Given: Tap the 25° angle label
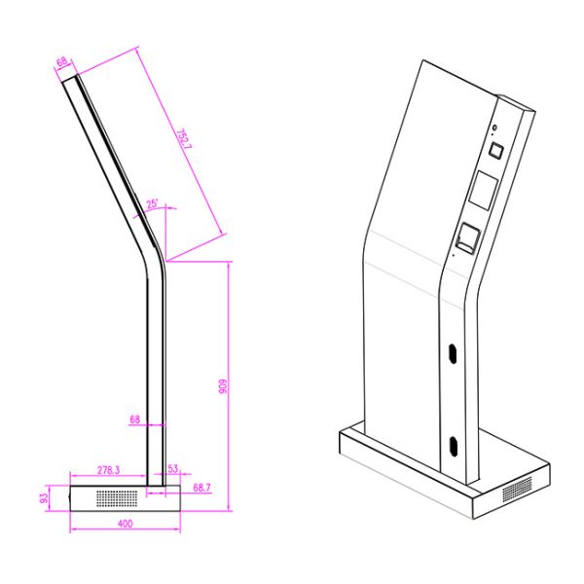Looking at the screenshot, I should pyautogui.click(x=153, y=204).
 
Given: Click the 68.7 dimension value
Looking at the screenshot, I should pyautogui.click(x=202, y=486).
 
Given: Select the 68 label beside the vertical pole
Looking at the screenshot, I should pyautogui.click(x=135, y=420).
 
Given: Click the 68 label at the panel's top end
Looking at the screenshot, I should pyautogui.click(x=62, y=63).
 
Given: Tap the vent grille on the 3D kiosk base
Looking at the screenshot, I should pyautogui.click(x=518, y=489).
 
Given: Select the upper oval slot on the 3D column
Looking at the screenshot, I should pyautogui.click(x=453, y=354).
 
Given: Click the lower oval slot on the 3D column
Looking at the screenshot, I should pyautogui.click(x=454, y=446).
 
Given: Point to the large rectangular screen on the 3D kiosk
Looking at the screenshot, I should pyautogui.click(x=484, y=191).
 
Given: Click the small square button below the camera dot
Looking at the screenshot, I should pyautogui.click(x=493, y=151).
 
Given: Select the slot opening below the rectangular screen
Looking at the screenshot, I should pyautogui.click(x=468, y=237).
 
